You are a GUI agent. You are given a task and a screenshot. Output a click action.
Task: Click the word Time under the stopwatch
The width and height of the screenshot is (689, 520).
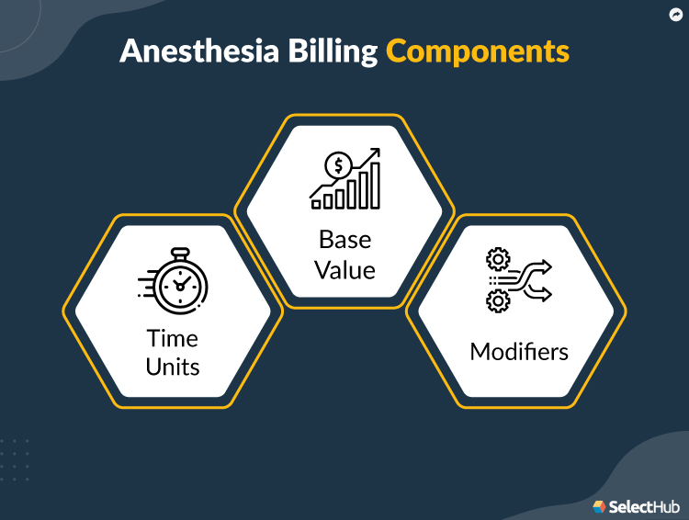point(173,338)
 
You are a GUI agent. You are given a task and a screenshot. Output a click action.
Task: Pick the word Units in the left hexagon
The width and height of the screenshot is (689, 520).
point(173,367)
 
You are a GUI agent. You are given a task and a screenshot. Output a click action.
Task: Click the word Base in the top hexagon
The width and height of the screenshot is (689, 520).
point(345,240)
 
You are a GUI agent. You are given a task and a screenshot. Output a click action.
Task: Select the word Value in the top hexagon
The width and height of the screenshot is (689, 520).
point(345,270)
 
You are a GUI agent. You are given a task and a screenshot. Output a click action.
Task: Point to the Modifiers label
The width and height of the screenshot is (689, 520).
point(519,352)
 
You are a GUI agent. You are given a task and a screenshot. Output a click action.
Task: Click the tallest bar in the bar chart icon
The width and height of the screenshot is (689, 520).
point(374,188)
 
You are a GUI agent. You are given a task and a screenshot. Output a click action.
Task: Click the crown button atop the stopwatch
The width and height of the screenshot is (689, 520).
point(178,251)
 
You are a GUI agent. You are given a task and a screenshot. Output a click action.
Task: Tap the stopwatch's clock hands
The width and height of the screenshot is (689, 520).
point(179,285)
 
